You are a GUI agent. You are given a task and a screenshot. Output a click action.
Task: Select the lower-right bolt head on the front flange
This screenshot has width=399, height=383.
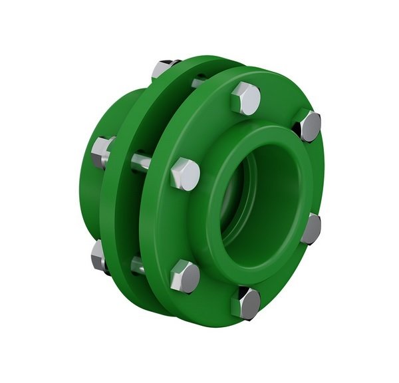coord(310,227)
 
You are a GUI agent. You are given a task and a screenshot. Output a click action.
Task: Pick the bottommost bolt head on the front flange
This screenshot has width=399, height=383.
coord(245,303)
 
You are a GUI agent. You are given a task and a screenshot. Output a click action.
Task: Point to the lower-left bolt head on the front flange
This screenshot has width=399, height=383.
coord(184,275)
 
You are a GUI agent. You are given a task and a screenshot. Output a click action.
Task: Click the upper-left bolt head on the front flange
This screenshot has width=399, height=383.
coord(184,174)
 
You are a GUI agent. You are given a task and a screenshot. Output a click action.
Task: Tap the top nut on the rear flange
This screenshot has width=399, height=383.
coord(163,68)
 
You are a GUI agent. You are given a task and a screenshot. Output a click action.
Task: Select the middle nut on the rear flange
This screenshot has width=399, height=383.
coord(102,152)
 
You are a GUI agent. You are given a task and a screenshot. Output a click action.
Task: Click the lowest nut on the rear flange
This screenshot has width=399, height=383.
coord(99,255)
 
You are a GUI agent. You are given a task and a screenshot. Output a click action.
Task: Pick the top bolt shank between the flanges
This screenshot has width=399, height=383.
coord(198,82)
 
